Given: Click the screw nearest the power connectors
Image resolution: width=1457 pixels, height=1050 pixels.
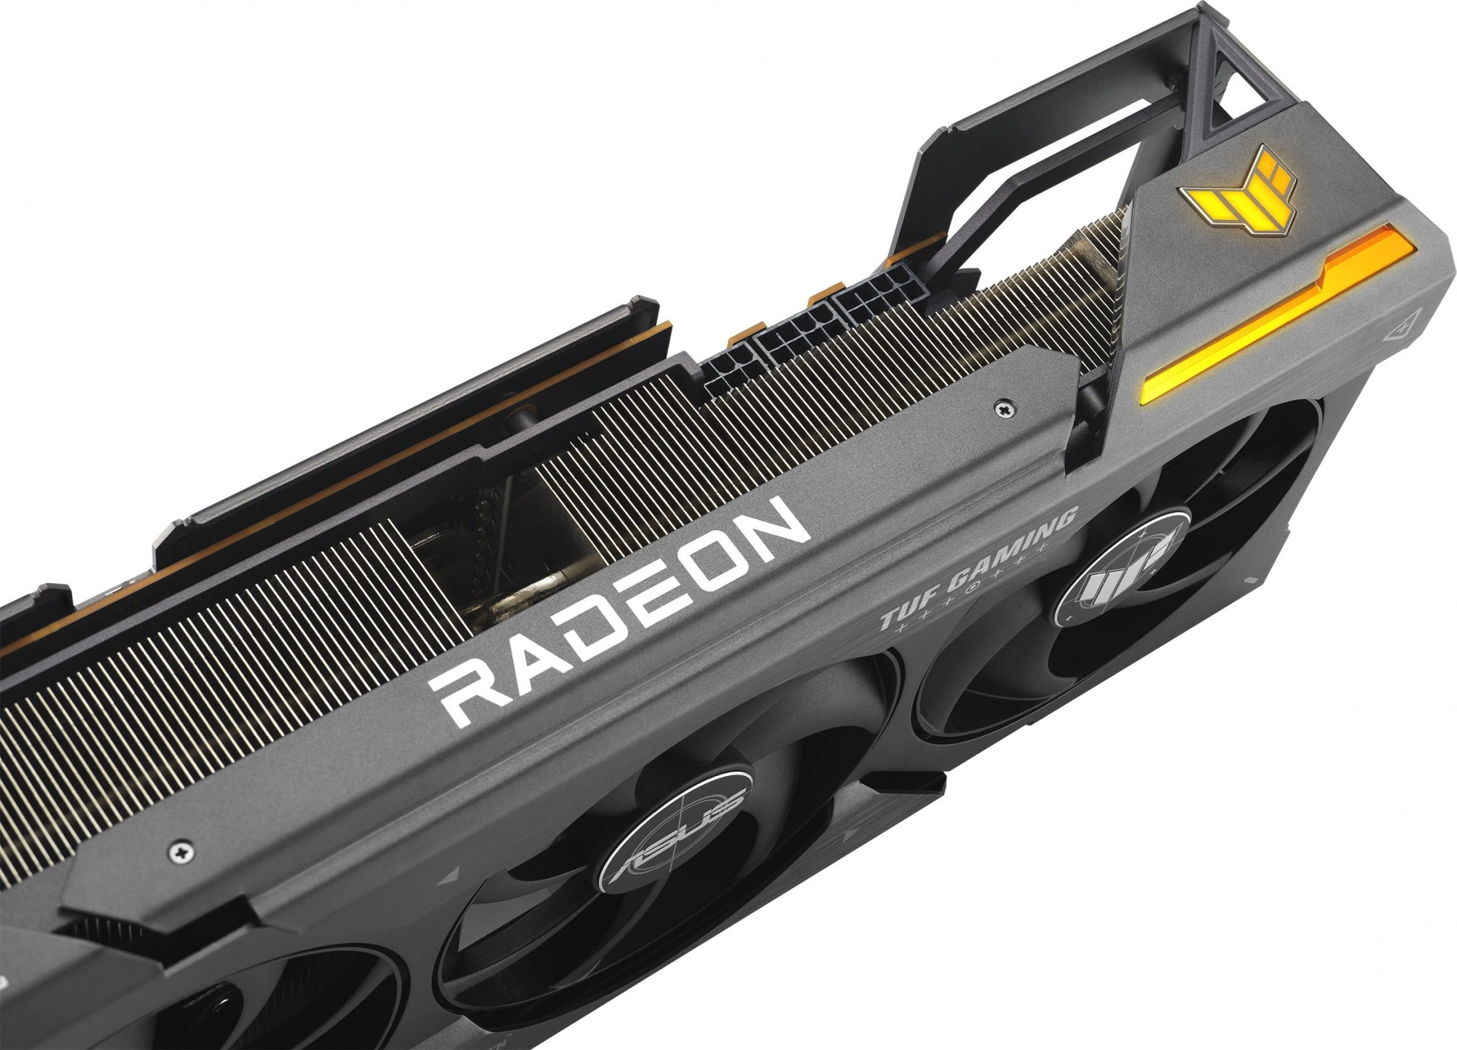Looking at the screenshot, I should tap(1003, 410).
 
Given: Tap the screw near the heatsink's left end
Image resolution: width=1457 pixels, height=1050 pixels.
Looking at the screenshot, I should tap(179, 851).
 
